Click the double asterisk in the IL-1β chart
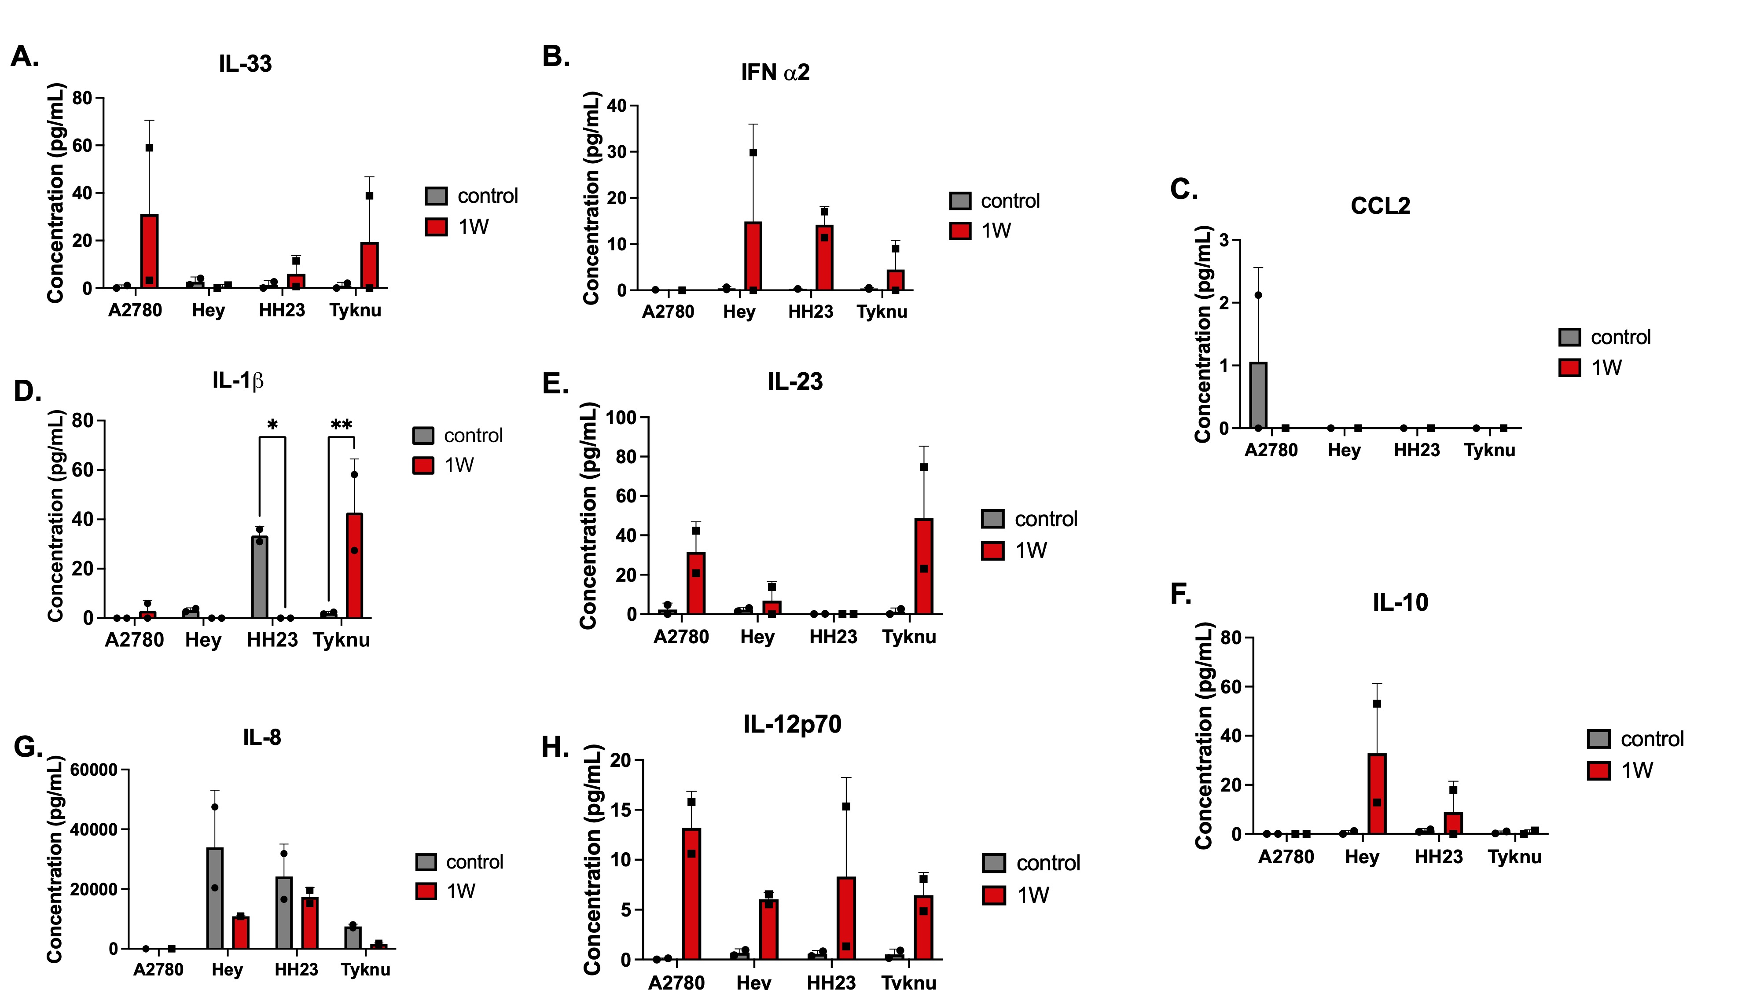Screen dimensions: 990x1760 (x=341, y=425)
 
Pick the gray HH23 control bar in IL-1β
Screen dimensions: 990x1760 (x=260, y=577)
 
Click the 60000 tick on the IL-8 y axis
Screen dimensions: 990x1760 (x=94, y=770)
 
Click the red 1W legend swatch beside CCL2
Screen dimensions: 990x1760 (x=1569, y=367)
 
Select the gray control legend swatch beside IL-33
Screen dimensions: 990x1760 (x=436, y=196)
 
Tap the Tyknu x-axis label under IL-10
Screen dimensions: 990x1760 (x=1515, y=857)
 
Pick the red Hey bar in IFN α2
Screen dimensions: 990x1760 (x=753, y=256)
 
